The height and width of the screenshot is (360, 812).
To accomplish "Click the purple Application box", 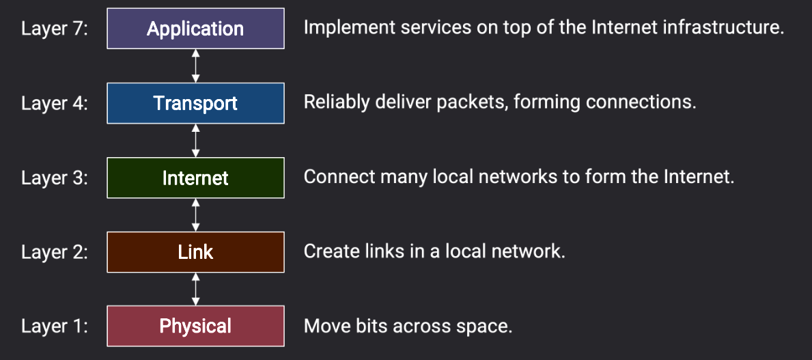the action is click(195, 29).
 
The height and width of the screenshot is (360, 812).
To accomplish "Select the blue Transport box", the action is click(195, 103).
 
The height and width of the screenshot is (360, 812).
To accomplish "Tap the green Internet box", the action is click(195, 178).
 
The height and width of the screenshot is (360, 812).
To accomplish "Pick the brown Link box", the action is click(195, 252).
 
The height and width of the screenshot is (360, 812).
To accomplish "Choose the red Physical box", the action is click(195, 326).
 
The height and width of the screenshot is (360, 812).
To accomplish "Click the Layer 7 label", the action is click(55, 29).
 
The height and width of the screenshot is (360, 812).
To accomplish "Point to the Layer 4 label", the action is click(55, 103).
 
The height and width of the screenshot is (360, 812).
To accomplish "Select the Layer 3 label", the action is click(55, 178).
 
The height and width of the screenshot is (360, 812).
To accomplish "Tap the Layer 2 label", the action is click(55, 252).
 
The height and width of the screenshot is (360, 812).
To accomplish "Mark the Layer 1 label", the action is click(55, 327).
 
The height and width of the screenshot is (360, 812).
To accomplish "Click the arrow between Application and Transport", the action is click(195, 66).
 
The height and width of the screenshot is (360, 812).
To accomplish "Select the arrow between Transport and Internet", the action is click(195, 140).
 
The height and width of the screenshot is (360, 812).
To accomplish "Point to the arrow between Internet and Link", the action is click(195, 215).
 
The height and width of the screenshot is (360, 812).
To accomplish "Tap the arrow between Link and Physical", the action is click(195, 289).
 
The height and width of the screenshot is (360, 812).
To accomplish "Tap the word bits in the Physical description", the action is click(372, 327).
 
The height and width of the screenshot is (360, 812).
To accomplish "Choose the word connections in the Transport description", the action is click(641, 102).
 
